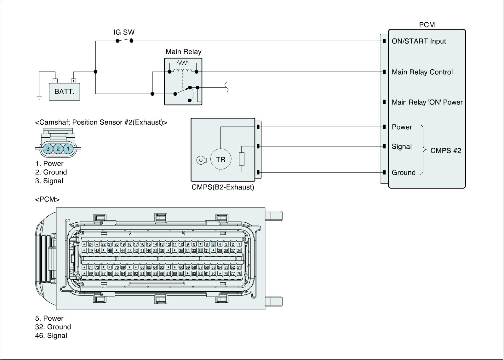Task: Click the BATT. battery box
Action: pos(64,92)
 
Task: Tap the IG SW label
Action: pos(124,32)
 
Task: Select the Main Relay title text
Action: pos(183,52)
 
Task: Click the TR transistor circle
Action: pos(220,160)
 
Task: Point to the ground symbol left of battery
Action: pos(39,98)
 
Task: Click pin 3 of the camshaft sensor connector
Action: pos(48,148)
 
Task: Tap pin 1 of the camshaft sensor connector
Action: pos(68,148)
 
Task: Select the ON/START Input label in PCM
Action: pos(419,41)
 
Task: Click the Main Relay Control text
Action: pos(422,72)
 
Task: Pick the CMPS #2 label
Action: pos(445,151)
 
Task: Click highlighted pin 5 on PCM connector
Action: pos(213,244)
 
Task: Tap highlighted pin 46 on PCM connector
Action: pos(110,250)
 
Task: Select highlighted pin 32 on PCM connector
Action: pos(200,250)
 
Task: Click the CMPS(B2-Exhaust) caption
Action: pos(223,187)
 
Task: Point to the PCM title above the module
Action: pos(427,25)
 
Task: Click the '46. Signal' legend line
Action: pos(51,335)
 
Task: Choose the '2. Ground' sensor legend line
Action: pos(51,172)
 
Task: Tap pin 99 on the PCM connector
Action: pos(91,273)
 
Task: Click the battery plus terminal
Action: pos(73,81)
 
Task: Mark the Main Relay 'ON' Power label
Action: pos(427,102)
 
